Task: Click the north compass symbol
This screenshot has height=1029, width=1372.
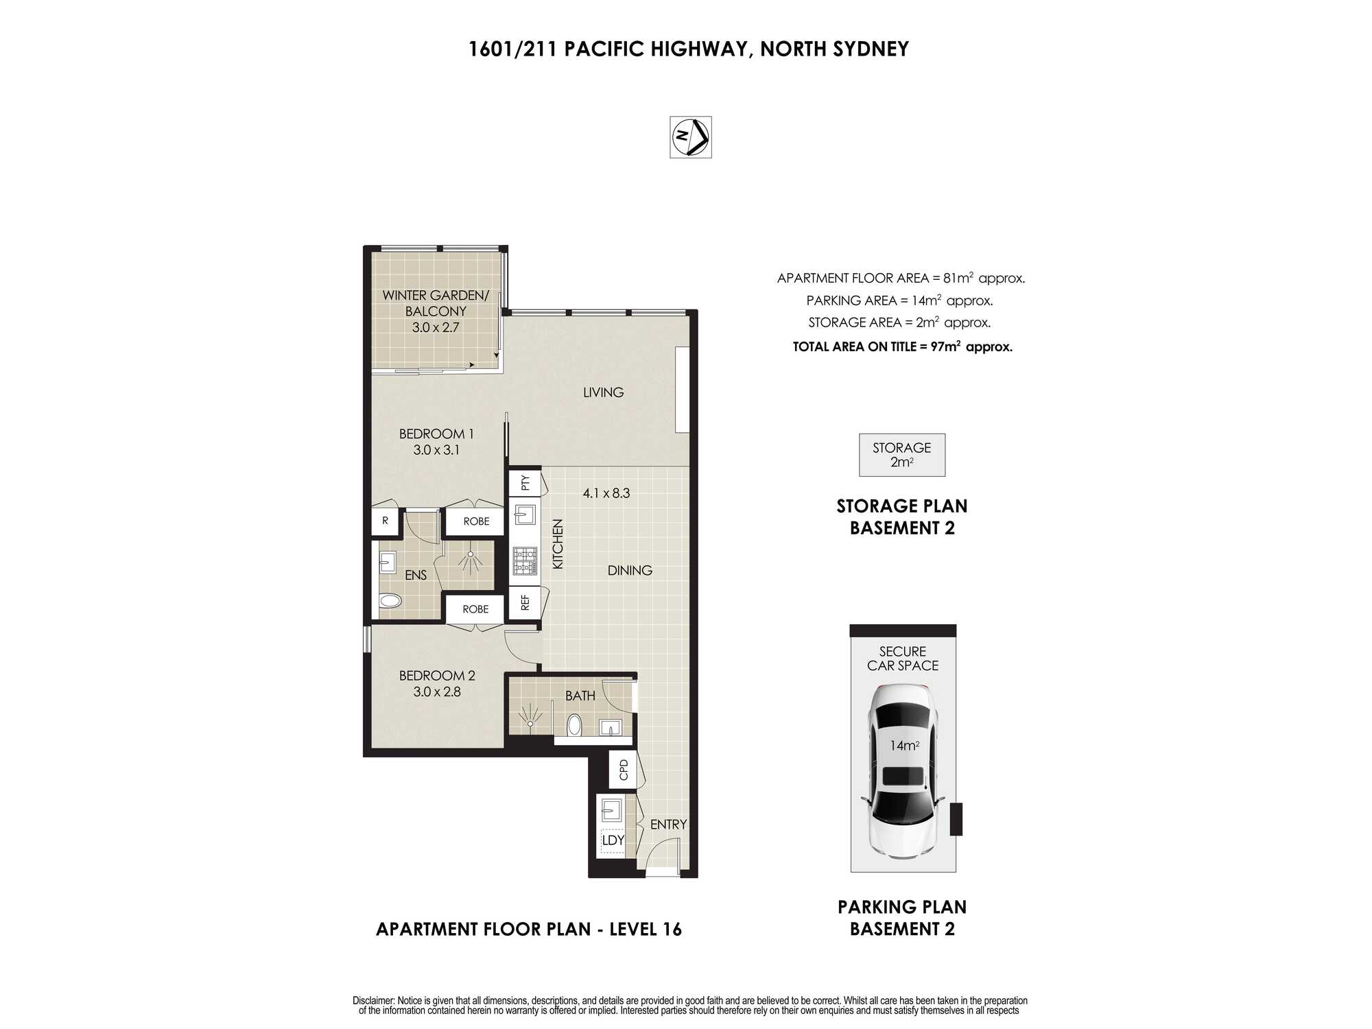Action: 691,137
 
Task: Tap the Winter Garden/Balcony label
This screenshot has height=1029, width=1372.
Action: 436,303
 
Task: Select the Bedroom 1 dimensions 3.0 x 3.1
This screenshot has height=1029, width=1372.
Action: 436,450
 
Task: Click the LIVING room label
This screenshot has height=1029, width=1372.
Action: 604,392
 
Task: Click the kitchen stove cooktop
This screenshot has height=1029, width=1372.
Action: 525,560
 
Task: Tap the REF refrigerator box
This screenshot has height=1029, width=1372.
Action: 525,602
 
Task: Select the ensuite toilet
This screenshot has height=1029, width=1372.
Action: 390,602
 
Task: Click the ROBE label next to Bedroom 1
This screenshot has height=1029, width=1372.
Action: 476,521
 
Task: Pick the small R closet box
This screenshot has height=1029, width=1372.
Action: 386,521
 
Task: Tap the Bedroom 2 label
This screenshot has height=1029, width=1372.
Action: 437,676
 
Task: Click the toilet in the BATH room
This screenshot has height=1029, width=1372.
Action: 575,725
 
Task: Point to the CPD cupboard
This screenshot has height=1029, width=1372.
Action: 624,770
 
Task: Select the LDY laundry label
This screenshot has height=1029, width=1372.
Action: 613,840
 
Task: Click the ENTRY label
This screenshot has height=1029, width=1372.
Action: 668,825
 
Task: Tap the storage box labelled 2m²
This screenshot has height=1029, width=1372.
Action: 902,455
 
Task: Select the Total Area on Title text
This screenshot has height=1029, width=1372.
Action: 903,346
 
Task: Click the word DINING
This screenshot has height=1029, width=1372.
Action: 630,570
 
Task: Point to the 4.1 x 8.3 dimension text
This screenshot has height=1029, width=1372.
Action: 606,493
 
